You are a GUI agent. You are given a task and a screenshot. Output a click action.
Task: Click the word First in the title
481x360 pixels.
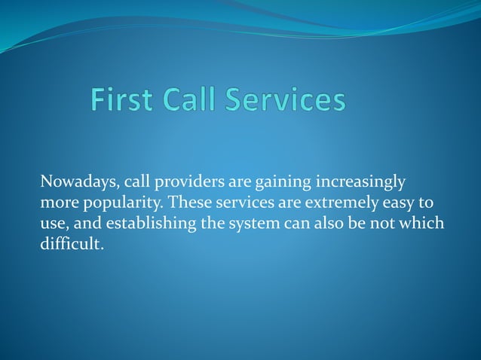click(x=124, y=101)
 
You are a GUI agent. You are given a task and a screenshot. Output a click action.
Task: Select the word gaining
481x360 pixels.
click(x=284, y=183)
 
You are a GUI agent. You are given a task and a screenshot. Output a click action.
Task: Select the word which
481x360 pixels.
click(x=425, y=224)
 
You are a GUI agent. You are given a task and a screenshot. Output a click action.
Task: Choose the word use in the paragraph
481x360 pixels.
click(x=53, y=224)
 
